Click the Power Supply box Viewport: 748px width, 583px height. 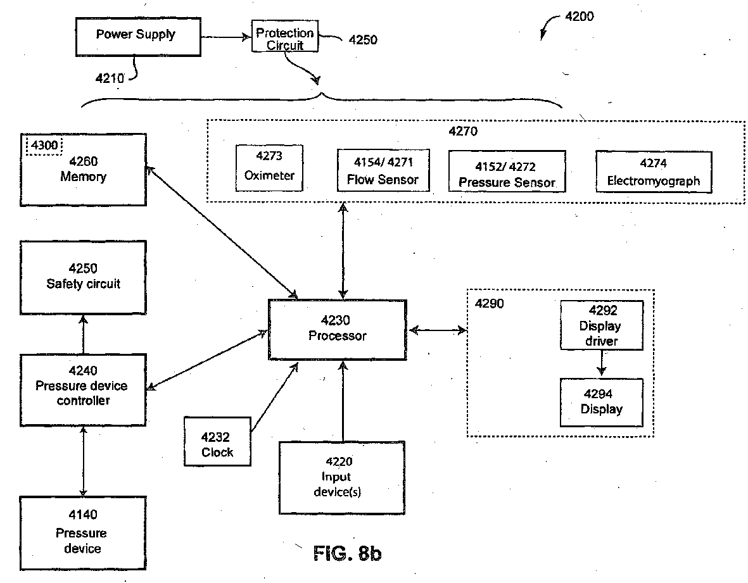click(138, 37)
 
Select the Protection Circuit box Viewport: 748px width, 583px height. click(285, 35)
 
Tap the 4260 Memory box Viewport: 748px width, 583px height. click(83, 170)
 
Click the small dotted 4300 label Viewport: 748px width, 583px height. click(44, 145)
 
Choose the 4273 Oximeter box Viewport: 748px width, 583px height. click(269, 168)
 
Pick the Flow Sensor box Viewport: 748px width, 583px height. click(383, 170)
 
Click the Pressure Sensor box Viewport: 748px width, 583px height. click(507, 172)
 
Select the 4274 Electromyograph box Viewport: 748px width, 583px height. click(654, 172)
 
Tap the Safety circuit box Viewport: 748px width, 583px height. click(83, 277)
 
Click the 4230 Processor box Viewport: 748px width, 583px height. click(338, 329)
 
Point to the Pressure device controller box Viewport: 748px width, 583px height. click(83, 390)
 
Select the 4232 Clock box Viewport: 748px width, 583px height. click(217, 442)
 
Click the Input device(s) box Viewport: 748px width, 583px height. click(341, 478)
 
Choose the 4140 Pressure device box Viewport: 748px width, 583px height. click(83, 533)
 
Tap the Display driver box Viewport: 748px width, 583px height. click(602, 325)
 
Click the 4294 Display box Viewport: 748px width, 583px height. click(601, 403)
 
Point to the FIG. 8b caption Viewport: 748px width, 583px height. click(347, 553)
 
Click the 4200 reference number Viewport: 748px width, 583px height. click(579, 16)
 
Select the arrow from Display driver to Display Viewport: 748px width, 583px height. click(602, 363)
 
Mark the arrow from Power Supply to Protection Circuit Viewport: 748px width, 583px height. click(226, 37)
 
